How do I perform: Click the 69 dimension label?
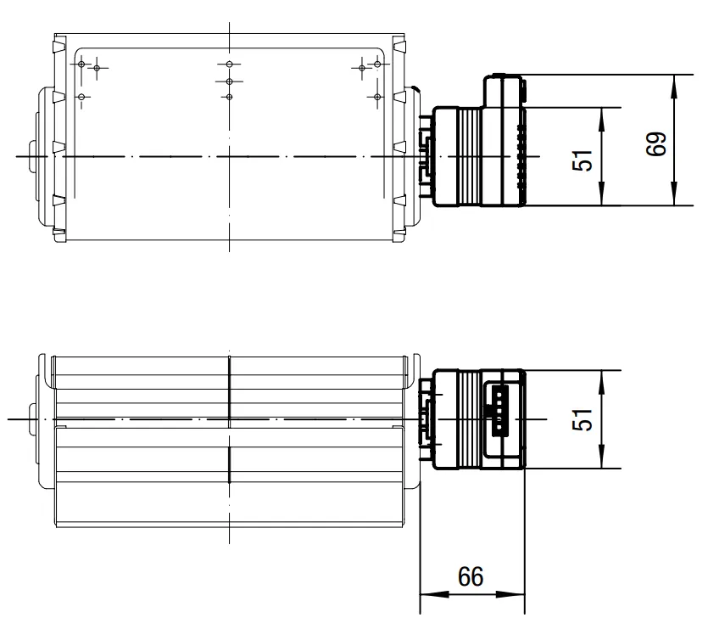coord(656,144)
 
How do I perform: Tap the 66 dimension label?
coord(471,576)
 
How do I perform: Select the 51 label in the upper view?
coord(583,160)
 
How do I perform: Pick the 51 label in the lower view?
coord(583,419)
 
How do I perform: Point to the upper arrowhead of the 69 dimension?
coord(674,87)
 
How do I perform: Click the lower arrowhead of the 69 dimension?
coord(674,194)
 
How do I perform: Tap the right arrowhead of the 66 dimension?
coord(510,594)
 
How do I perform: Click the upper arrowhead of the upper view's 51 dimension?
coord(601,120)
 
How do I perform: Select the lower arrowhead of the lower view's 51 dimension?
coord(601,457)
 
